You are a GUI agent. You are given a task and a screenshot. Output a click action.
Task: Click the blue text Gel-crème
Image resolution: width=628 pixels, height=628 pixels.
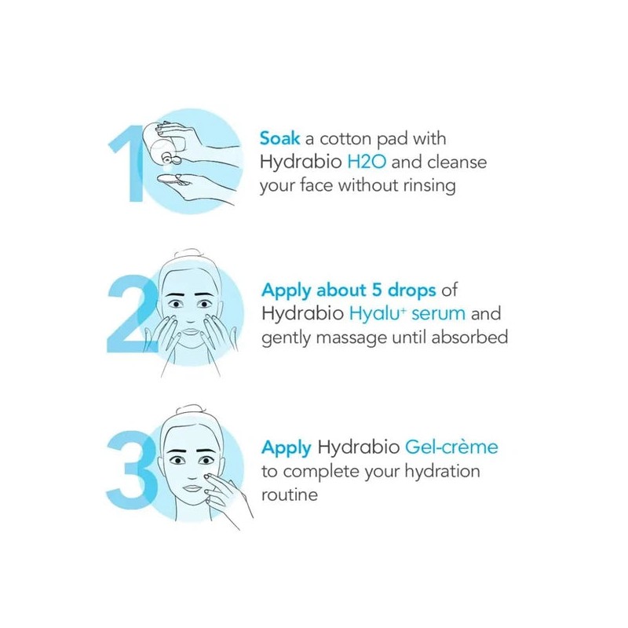point(451,447)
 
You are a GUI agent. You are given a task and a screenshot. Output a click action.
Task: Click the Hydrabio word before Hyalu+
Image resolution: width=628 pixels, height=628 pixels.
point(298,313)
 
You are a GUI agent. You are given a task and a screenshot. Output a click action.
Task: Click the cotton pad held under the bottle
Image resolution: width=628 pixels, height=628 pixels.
point(174,180)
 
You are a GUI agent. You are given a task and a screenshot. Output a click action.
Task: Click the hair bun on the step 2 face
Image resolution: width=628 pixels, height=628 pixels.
point(192,256)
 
